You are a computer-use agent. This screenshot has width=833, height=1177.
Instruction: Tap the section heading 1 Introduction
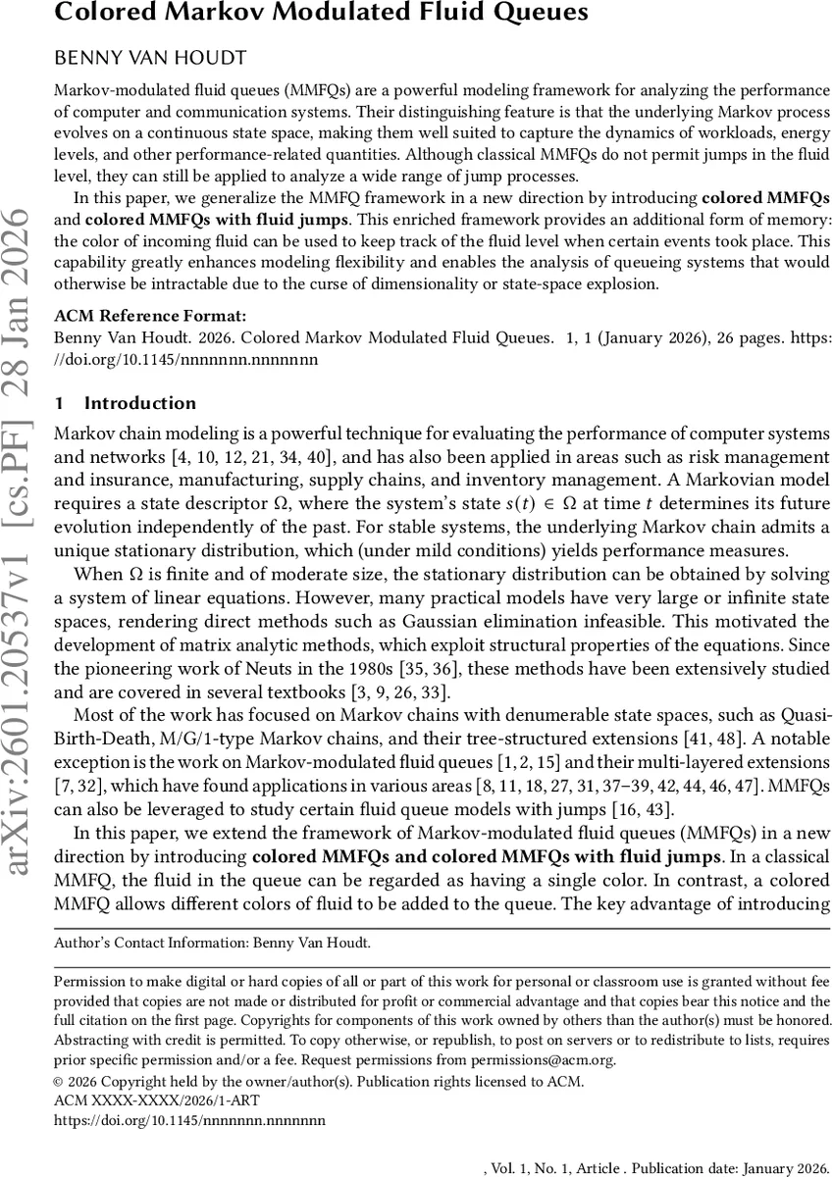pyautogui.click(x=125, y=403)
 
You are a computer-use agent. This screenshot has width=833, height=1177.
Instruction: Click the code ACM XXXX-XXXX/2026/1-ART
pyautogui.click(x=142, y=1100)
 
